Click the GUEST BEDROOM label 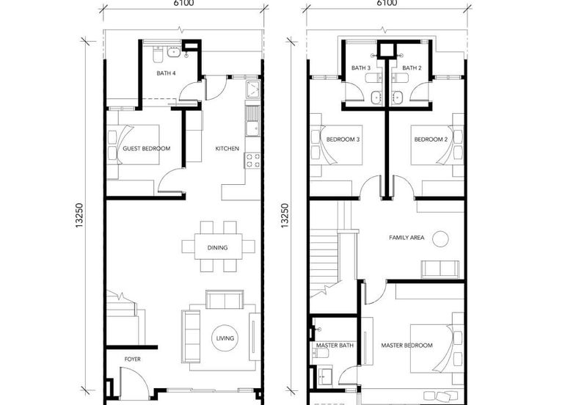pos(146,148)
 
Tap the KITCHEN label pos(227,148)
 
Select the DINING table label pos(217,247)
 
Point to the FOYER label pos(133,359)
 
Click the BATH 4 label pos(166,73)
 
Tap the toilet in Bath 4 pos(157,54)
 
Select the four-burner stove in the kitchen pos(252,160)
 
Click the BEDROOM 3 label pos(343,139)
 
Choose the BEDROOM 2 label pos(431,139)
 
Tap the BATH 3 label pos(361,67)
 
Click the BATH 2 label pos(412,67)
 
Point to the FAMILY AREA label pos(406,237)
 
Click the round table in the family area pos(441,238)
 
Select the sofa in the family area pos(440,269)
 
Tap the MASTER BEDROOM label pos(407,345)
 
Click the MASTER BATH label pos(335,345)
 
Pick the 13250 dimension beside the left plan pos(79,216)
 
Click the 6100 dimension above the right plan pos(387,4)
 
